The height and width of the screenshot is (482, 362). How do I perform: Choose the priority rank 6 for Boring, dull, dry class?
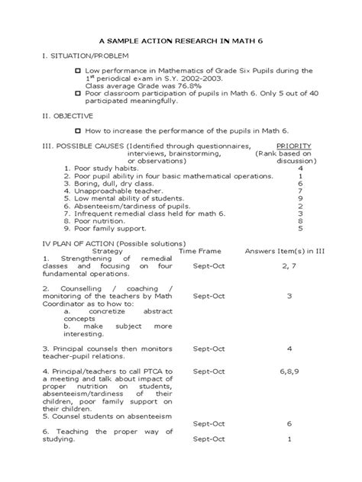pos(300,183)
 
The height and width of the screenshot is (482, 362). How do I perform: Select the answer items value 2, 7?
pos(289,265)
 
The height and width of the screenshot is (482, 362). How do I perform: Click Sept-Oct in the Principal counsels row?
pos(208,349)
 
